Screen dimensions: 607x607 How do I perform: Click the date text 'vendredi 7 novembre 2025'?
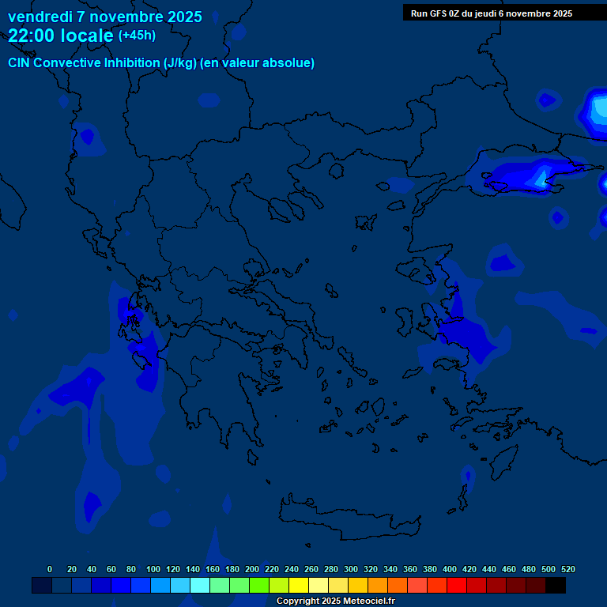click(x=105, y=17)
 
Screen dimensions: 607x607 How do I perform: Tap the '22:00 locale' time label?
click(x=60, y=36)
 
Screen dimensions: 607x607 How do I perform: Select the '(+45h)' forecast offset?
click(x=137, y=36)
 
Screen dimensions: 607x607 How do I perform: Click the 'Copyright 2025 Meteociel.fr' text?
click(x=335, y=601)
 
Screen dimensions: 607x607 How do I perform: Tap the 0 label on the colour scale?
click(x=50, y=569)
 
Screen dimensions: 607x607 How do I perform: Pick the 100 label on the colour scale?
click(x=153, y=569)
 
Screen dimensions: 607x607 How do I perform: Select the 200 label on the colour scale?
click(x=252, y=569)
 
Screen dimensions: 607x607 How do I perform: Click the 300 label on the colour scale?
click(x=351, y=569)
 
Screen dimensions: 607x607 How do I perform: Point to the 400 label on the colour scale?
click(x=450, y=569)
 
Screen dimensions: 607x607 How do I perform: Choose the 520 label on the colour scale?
click(x=567, y=569)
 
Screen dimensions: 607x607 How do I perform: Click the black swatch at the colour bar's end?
click(x=556, y=585)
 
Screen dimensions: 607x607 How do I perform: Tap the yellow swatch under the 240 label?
click(x=299, y=585)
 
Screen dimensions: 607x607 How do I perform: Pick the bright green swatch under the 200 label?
click(x=259, y=585)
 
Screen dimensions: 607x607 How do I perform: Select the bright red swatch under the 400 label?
click(x=457, y=585)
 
